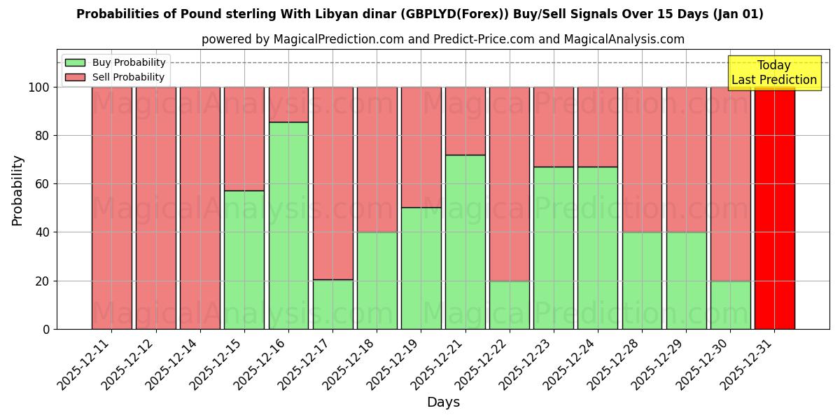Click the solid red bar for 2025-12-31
pyautogui.click(x=774, y=208)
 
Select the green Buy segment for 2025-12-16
pyautogui.click(x=288, y=225)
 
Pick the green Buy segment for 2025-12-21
pyautogui.click(x=465, y=241)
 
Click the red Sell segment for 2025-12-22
pyautogui.click(x=509, y=183)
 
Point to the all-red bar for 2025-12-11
pyautogui.click(x=111, y=208)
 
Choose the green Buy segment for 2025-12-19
pyautogui.click(x=421, y=268)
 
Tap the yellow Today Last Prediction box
pyautogui.click(x=773, y=73)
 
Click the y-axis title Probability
pyautogui.click(x=18, y=190)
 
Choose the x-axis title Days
pyautogui.click(x=443, y=402)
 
